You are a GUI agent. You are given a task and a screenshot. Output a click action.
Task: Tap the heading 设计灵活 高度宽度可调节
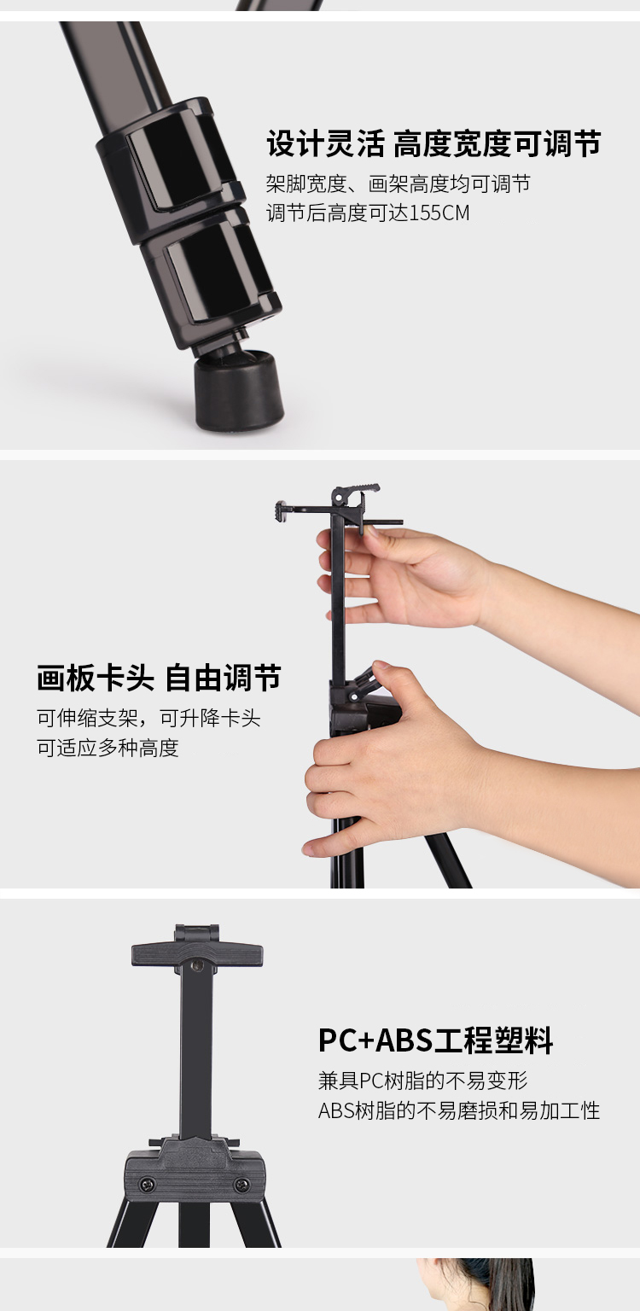[433, 143]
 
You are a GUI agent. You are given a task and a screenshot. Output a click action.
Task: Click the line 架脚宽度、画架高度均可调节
[398, 184]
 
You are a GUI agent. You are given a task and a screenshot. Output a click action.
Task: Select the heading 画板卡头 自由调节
[159, 678]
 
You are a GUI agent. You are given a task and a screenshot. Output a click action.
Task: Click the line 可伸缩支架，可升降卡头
[148, 718]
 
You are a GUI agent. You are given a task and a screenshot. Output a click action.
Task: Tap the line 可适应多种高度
[108, 748]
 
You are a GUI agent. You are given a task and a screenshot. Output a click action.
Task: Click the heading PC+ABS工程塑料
[436, 1040]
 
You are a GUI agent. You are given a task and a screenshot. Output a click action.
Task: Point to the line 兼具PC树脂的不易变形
[423, 1081]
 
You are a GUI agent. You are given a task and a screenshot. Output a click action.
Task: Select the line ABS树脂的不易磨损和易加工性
[459, 1110]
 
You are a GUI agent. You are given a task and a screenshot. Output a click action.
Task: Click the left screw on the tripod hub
[147, 1186]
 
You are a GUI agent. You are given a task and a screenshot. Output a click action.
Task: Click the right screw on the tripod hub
[241, 1186]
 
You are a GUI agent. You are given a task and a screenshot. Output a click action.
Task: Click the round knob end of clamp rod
[278, 510]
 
